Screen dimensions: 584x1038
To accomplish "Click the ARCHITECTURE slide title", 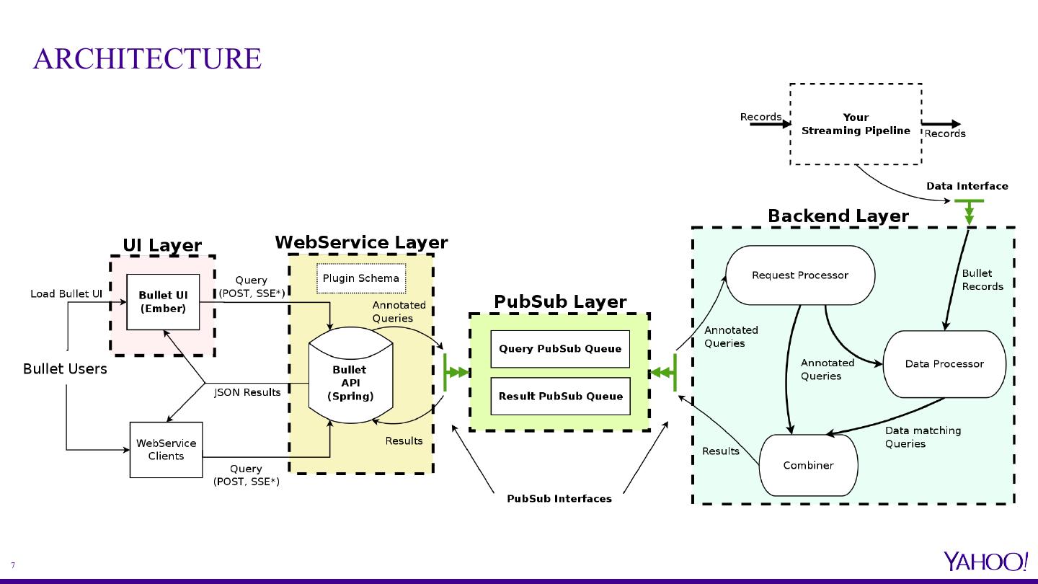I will click(147, 58).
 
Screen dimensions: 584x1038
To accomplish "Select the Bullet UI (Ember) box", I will click(163, 302).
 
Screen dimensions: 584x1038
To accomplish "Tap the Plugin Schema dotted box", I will click(360, 278).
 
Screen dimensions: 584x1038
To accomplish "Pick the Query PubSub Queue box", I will click(560, 349).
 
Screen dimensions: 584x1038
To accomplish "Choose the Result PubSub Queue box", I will click(560, 396).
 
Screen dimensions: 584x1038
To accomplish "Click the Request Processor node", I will click(799, 275).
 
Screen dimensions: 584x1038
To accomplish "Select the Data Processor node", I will click(944, 364).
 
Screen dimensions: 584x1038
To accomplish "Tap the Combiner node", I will click(808, 465).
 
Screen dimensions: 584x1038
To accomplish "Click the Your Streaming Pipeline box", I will click(856, 124).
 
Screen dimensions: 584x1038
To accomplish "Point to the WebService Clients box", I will click(166, 450).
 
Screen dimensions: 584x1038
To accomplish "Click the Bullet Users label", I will click(65, 369).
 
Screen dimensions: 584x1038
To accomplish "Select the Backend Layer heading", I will click(838, 216).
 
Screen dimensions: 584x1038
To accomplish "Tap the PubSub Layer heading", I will click(559, 302).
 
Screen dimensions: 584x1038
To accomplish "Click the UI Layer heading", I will click(162, 245).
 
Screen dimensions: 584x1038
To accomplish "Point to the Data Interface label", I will click(967, 186).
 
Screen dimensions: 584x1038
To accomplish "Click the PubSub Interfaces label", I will click(559, 498).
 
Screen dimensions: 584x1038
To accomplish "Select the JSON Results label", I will click(247, 392).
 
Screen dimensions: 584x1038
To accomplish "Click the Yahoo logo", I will click(985, 561).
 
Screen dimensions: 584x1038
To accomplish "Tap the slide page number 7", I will click(13, 566).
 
